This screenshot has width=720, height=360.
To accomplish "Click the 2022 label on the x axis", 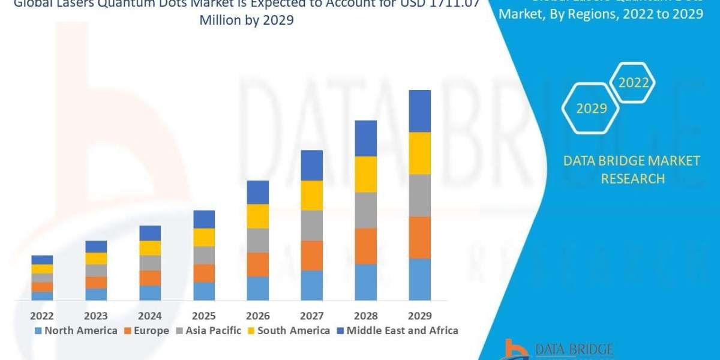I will [42, 316].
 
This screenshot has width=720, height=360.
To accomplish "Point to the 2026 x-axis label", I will [257, 316].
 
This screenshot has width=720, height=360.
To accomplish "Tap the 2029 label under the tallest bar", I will [419, 316].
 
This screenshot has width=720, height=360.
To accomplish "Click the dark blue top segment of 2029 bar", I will [420, 111].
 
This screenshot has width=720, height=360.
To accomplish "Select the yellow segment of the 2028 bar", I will [366, 174].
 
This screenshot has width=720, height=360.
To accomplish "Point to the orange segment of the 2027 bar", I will [312, 255].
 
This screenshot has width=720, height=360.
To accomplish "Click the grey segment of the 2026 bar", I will [258, 240].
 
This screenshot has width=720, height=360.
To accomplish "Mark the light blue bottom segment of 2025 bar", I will [204, 291].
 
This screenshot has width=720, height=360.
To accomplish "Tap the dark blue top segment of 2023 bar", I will [96, 246].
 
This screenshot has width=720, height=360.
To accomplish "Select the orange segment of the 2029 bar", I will [420, 237].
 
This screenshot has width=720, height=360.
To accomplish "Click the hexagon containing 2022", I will [633, 83].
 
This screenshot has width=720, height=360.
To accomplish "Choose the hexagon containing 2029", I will [591, 109].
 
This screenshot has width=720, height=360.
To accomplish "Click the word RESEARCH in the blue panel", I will [633, 179].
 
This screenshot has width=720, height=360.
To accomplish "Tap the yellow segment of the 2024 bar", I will [150, 248].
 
